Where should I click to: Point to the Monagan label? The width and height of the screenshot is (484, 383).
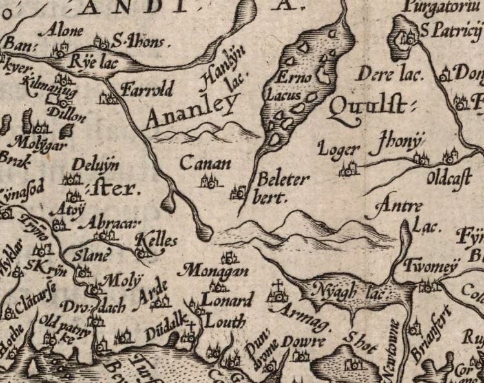pyautogui.click(x=215, y=271)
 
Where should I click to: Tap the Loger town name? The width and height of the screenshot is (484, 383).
pyautogui.click(x=338, y=151)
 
